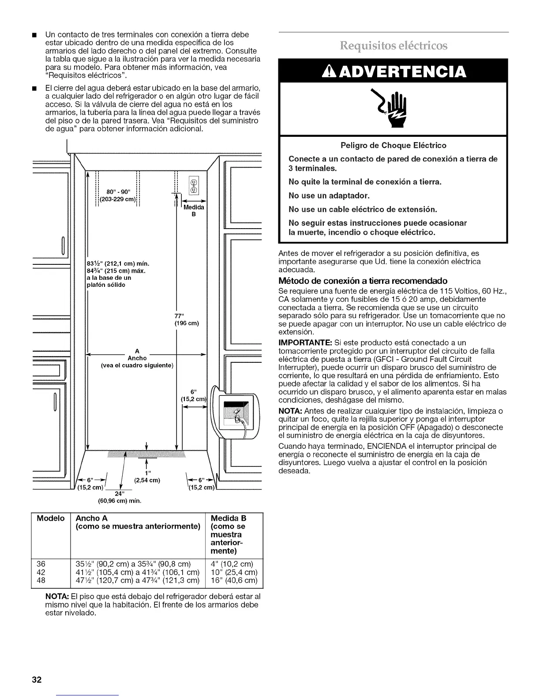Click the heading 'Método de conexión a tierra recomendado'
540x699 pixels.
363,281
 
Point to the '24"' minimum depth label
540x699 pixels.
119,493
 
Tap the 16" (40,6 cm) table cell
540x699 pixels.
234,580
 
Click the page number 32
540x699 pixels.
36,680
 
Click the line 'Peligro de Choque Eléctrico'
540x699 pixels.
393,145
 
